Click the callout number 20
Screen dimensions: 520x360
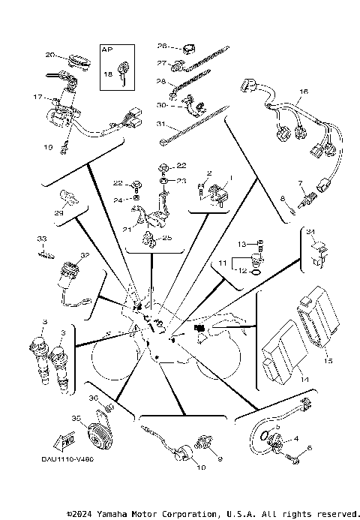49,55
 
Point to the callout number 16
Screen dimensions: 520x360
304,92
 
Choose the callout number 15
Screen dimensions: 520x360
328,361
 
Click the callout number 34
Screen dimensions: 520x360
310,231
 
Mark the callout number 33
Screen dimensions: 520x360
42,239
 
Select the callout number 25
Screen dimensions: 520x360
167,238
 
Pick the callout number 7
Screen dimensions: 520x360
300,182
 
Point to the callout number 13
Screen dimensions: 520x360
242,245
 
